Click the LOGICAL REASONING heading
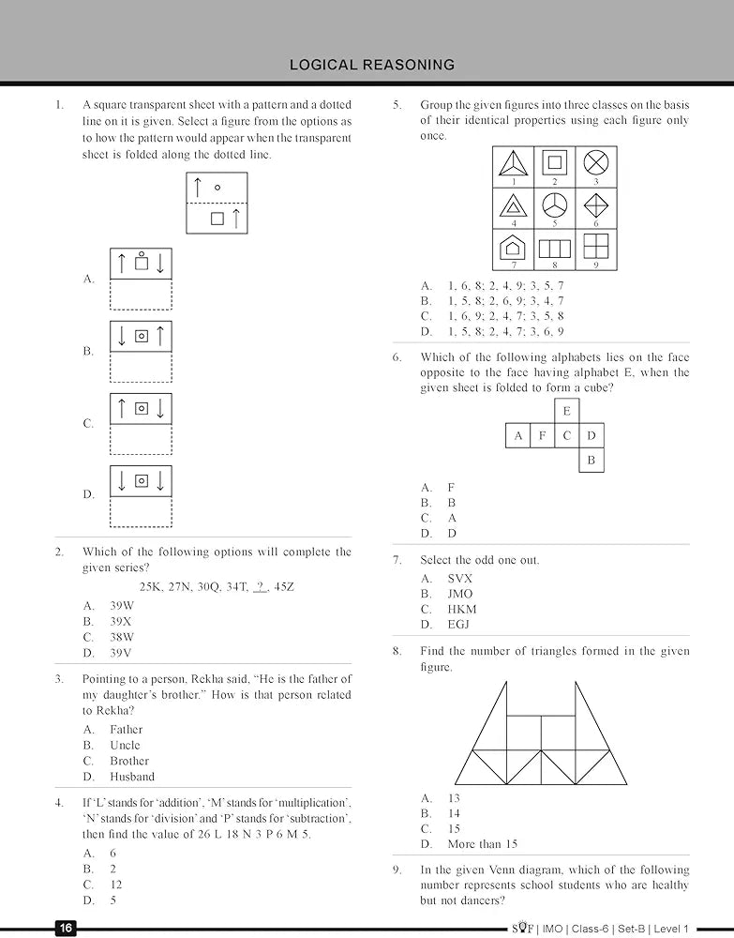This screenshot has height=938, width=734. (372, 65)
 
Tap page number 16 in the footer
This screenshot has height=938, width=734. (66, 928)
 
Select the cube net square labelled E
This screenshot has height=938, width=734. (566, 411)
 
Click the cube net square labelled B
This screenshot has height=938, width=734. (591, 460)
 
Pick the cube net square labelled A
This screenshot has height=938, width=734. (517, 435)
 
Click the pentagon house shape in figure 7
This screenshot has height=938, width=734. (514, 247)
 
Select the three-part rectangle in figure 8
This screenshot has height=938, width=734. (554, 249)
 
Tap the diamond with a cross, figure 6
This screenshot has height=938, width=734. (595, 204)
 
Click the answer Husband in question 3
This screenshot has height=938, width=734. (132, 777)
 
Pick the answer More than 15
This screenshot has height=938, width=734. (483, 844)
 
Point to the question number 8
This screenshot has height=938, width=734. (397, 651)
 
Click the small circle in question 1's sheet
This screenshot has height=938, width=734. (217, 188)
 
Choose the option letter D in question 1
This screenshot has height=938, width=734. (88, 494)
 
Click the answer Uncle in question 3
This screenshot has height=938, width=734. (125, 745)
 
